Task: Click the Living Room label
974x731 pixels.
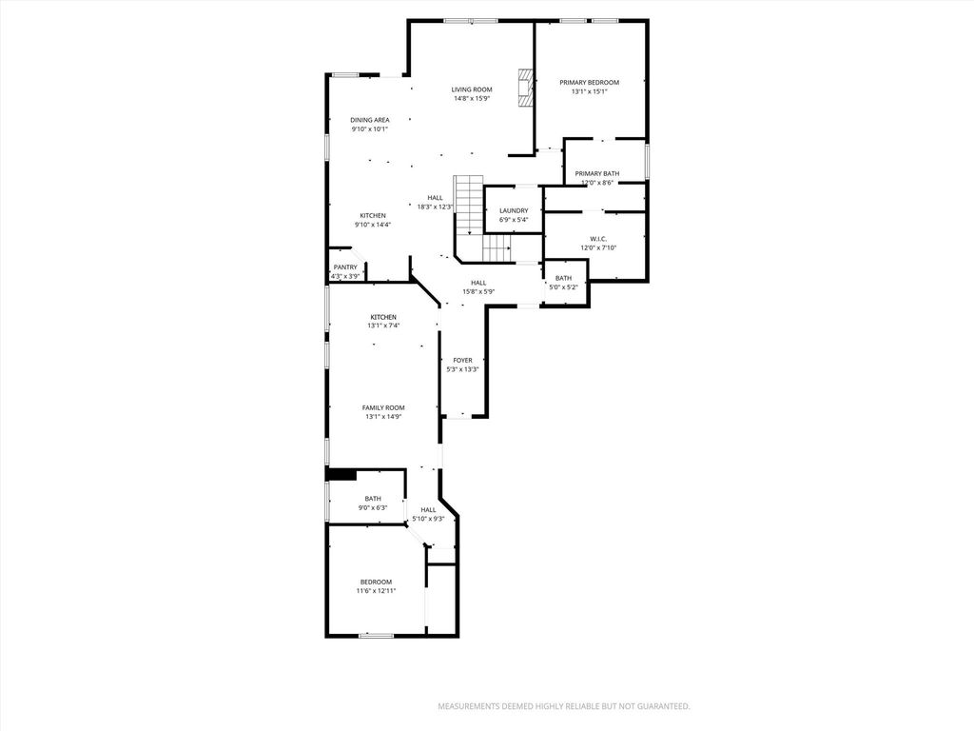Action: pos(471,89)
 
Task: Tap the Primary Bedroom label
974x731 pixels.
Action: pos(589,83)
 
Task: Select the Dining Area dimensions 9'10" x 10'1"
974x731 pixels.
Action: pos(369,129)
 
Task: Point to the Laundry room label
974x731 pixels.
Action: pos(514,210)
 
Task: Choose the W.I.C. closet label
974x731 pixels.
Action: pos(598,239)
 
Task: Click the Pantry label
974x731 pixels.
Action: pos(344,267)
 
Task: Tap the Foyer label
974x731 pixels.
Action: pos(462,361)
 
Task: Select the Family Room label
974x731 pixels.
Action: pos(383,407)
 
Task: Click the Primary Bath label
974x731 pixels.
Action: pos(596,173)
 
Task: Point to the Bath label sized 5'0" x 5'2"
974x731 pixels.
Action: pos(563,278)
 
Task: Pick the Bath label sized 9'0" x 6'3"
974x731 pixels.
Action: pos(373,499)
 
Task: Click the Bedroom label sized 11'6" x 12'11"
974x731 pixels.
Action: pos(376,582)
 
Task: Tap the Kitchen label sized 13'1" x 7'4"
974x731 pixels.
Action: pos(383,317)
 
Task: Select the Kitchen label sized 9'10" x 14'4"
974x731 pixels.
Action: pos(373,216)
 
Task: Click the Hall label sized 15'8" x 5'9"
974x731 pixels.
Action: pos(478,283)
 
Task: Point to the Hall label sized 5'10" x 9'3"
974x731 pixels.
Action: pos(428,510)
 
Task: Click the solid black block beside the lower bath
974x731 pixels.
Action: pos(341,474)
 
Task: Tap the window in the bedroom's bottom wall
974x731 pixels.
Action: pos(377,635)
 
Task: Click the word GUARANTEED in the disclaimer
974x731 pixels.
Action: pos(656,706)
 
